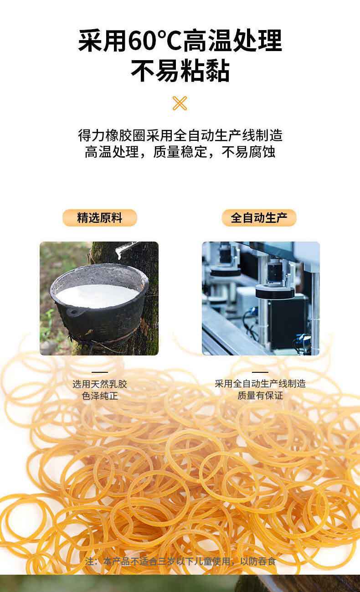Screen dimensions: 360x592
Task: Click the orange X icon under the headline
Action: click(180, 103)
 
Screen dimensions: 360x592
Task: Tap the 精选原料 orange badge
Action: click(100, 218)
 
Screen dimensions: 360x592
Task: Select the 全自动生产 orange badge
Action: click(259, 218)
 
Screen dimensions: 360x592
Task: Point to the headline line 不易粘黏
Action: click(180, 71)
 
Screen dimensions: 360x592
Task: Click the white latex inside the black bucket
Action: click(97, 295)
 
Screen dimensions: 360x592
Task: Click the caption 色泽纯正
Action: click(100, 396)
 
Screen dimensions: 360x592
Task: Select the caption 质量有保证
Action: click(260, 396)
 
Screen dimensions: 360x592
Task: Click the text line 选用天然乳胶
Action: click(100, 384)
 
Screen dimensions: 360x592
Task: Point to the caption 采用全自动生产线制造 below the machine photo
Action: click(260, 384)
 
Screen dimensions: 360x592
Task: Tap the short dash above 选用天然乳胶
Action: click(100, 372)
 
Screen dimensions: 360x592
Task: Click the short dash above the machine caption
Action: click(260, 372)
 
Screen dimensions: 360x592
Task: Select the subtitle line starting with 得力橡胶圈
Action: click(180, 135)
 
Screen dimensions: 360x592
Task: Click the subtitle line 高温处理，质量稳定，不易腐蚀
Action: click(180, 152)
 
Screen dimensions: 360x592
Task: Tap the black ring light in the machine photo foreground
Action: click(275, 293)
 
